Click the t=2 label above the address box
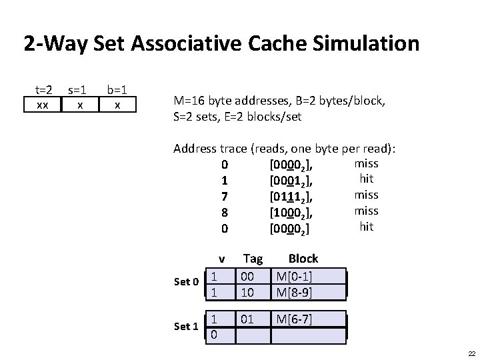(43, 89)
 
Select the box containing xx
(42, 105)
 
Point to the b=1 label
(117, 89)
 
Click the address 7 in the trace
(225, 196)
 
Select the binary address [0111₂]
(291, 196)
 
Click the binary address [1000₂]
(291, 212)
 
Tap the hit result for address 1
(366, 179)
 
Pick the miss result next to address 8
(366, 211)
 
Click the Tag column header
(253, 259)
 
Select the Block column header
(303, 259)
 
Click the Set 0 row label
(186, 282)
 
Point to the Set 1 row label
(186, 327)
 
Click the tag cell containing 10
(247, 293)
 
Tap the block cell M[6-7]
(295, 319)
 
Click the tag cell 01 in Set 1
(247, 319)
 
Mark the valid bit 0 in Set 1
(213, 334)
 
